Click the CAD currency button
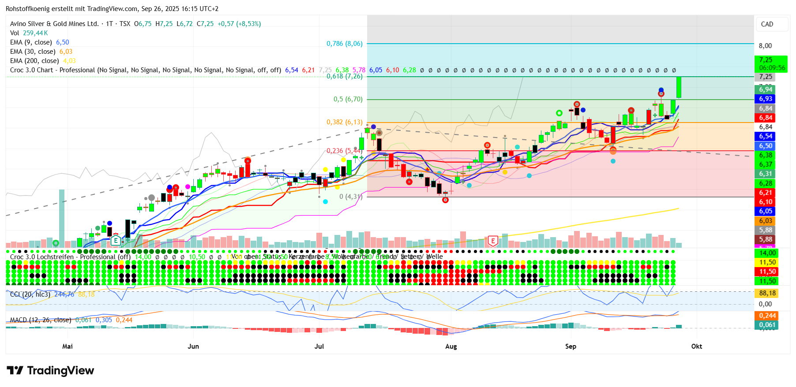[x=767, y=24]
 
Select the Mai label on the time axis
[x=68, y=346]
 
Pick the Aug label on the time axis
[x=451, y=346]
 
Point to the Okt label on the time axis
[x=697, y=346]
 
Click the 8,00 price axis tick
[x=765, y=46]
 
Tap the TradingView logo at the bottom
[x=51, y=371]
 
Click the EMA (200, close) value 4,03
[x=69, y=61]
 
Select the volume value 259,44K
[x=35, y=33]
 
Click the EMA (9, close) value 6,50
[x=63, y=42]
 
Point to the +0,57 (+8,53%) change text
[x=239, y=24]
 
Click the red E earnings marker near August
[x=493, y=241]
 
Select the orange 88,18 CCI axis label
[x=767, y=293]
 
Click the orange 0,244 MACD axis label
[x=767, y=316]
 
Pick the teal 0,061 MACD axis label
[x=767, y=325]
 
